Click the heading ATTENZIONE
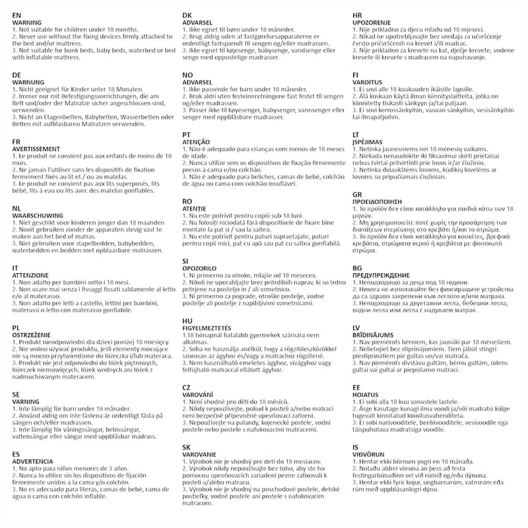click(x=33, y=275)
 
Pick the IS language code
click(x=356, y=447)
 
